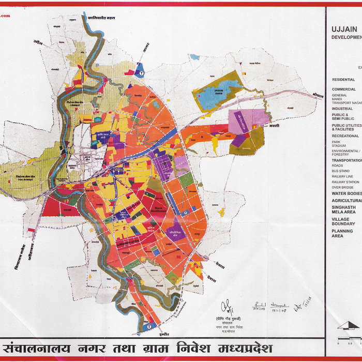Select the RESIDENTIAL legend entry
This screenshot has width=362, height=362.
tap(343, 80)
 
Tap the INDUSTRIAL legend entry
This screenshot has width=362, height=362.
tap(342, 109)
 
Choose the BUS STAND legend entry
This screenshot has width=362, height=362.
tap(341, 171)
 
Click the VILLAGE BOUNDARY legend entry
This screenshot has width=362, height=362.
tap(343, 221)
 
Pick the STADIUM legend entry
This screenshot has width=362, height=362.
tap(340, 146)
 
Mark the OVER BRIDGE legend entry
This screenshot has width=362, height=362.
tap(343, 187)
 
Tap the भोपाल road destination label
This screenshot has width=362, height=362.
tap(318, 96)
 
